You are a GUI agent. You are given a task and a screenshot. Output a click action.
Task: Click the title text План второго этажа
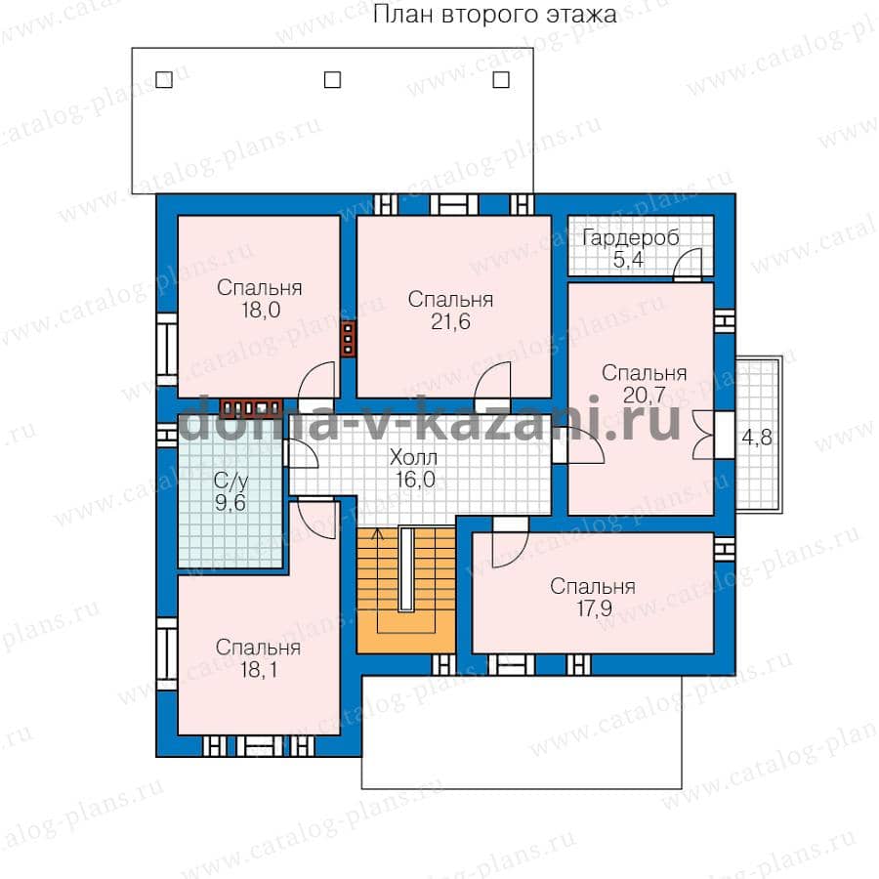pyautogui.click(x=494, y=15)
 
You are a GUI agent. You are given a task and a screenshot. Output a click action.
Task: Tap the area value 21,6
pyautogui.click(x=450, y=321)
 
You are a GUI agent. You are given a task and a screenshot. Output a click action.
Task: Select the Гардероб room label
pyautogui.click(x=631, y=238)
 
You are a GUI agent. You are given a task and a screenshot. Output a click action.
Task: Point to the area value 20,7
pyautogui.click(x=644, y=396)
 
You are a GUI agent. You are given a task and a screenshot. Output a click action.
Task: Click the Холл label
pyautogui.click(x=413, y=457)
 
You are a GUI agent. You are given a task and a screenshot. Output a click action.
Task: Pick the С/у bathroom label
pyautogui.click(x=230, y=481)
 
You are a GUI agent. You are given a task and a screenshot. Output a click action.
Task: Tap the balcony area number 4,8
pyautogui.click(x=757, y=438)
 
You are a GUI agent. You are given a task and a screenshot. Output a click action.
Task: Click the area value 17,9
pyautogui.click(x=594, y=608)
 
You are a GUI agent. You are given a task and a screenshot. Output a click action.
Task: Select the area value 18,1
pyautogui.click(x=259, y=669)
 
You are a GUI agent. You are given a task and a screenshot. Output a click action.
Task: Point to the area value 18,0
pyautogui.click(x=261, y=310)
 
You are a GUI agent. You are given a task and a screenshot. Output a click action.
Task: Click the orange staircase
pyautogui.click(x=406, y=590)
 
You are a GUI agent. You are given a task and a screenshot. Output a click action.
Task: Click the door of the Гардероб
pyautogui.click(x=688, y=264)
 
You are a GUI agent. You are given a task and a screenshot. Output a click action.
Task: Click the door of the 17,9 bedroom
pyautogui.click(x=510, y=543)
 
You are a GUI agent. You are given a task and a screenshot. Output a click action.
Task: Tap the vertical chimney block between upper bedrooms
pyautogui.click(x=348, y=339)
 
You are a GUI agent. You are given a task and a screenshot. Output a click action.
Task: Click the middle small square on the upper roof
pyautogui.click(x=332, y=80)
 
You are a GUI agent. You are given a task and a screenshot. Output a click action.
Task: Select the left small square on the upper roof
pyautogui.click(x=164, y=80)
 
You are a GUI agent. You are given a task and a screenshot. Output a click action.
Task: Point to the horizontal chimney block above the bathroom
pyautogui.click(x=251, y=407)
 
